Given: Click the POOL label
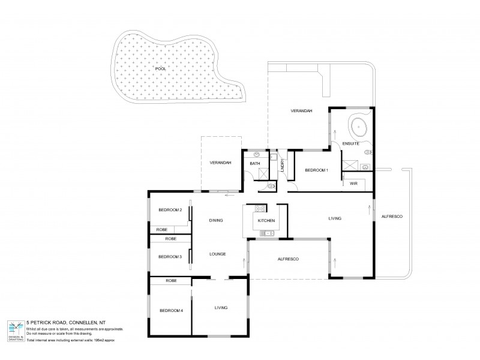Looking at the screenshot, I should point(160,69).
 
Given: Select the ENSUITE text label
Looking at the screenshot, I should point(351,145).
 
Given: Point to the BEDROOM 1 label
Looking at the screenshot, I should point(316,170).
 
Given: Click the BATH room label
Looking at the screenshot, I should point(254,163).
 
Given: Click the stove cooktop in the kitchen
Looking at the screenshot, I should point(260,209).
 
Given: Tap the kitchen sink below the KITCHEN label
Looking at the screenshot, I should point(266,233).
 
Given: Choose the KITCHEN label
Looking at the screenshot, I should point(266,221).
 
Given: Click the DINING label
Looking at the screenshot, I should point(216,221).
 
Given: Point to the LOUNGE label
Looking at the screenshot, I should point(217,254).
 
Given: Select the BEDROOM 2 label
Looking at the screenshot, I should point(170,209).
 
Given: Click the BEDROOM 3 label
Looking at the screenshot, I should point(170,257).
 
